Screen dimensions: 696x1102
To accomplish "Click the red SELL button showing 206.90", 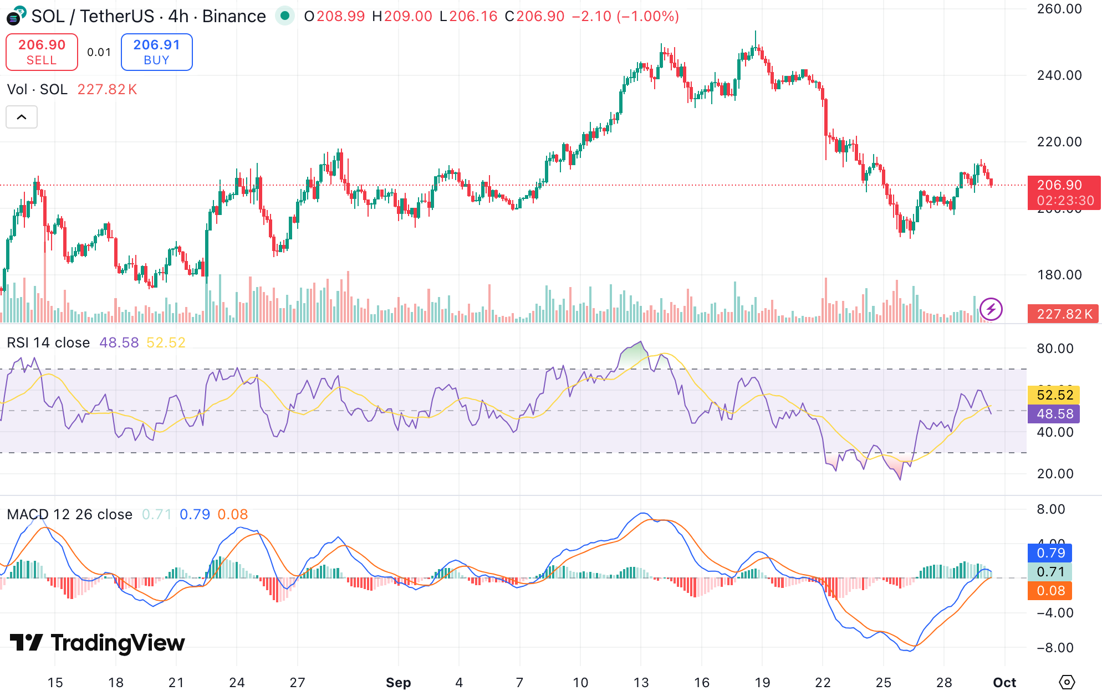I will tap(42, 52).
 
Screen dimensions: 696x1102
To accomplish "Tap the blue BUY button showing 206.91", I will tap(156, 52).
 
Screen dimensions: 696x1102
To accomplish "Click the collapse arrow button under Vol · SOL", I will tap(22, 117).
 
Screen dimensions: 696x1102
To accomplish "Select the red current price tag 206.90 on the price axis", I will tap(1063, 192).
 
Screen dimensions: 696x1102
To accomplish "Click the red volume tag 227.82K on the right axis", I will tap(1063, 314).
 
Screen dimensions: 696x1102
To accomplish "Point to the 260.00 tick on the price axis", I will tap(1059, 9).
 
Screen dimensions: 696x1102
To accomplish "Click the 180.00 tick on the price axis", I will tap(1059, 275).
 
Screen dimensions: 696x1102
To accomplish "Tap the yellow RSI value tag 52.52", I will tap(1054, 395).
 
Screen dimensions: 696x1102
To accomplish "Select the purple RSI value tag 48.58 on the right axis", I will tap(1054, 413).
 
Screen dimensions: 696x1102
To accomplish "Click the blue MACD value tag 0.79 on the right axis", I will tap(1050, 553).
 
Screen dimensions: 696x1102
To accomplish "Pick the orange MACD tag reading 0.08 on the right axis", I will tap(1050, 591).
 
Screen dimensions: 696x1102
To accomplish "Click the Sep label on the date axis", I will tap(398, 682).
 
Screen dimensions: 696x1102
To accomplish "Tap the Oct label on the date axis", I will tap(1004, 682).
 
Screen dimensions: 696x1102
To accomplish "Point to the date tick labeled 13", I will tap(641, 682).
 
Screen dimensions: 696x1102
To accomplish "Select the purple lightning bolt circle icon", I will tap(991, 309).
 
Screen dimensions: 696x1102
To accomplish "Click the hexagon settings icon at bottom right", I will tap(1067, 682).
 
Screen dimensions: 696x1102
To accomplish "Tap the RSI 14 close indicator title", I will tap(48, 342).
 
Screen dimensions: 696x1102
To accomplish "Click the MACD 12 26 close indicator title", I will tap(69, 514).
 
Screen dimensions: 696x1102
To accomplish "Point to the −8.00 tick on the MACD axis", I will tap(1054, 647).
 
